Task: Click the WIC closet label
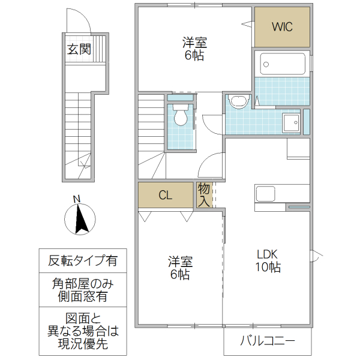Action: (282, 28)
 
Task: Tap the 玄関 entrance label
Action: (79, 50)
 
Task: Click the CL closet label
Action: (166, 195)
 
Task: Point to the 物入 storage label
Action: (204, 195)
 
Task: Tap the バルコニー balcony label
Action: (268, 342)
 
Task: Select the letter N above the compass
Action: (76, 199)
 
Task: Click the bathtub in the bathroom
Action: (282, 64)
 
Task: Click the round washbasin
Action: (239, 101)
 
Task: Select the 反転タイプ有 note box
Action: (83, 261)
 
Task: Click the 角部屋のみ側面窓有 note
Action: (83, 290)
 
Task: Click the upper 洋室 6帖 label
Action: (195, 49)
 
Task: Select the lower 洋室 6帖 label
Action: (179, 268)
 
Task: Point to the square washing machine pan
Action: (292, 123)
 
